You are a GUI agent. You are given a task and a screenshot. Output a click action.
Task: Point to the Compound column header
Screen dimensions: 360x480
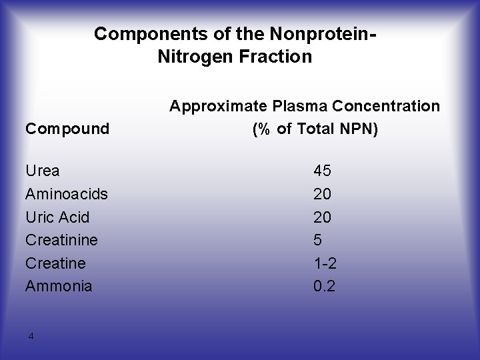[67, 128]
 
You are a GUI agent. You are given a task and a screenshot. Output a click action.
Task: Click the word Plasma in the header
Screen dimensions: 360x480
[307, 106]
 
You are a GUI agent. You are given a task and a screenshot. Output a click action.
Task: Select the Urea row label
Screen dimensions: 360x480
[42, 171]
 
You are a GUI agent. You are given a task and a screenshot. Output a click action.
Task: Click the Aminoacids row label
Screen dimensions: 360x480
[67, 194]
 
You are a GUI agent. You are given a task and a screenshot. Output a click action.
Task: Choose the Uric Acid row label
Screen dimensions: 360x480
[57, 217]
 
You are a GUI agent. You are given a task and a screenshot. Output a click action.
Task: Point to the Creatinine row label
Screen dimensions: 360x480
[61, 240]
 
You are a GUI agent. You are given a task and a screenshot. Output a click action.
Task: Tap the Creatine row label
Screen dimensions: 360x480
[55, 263]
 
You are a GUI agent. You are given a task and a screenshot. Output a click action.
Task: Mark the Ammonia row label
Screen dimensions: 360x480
[58, 286]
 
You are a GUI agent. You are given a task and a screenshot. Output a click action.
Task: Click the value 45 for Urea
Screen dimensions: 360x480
[323, 171]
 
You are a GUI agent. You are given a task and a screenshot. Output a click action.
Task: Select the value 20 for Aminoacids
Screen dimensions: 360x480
[323, 194]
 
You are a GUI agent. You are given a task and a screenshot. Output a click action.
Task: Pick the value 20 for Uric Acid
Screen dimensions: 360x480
[323, 217]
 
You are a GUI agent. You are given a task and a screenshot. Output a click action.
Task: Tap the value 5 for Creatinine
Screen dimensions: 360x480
[318, 240]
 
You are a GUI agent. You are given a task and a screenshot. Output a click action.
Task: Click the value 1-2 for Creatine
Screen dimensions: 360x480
[325, 263]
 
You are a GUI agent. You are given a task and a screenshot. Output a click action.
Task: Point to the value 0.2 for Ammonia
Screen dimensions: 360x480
[325, 286]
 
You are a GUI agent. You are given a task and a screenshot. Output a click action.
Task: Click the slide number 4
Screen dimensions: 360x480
[31, 335]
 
